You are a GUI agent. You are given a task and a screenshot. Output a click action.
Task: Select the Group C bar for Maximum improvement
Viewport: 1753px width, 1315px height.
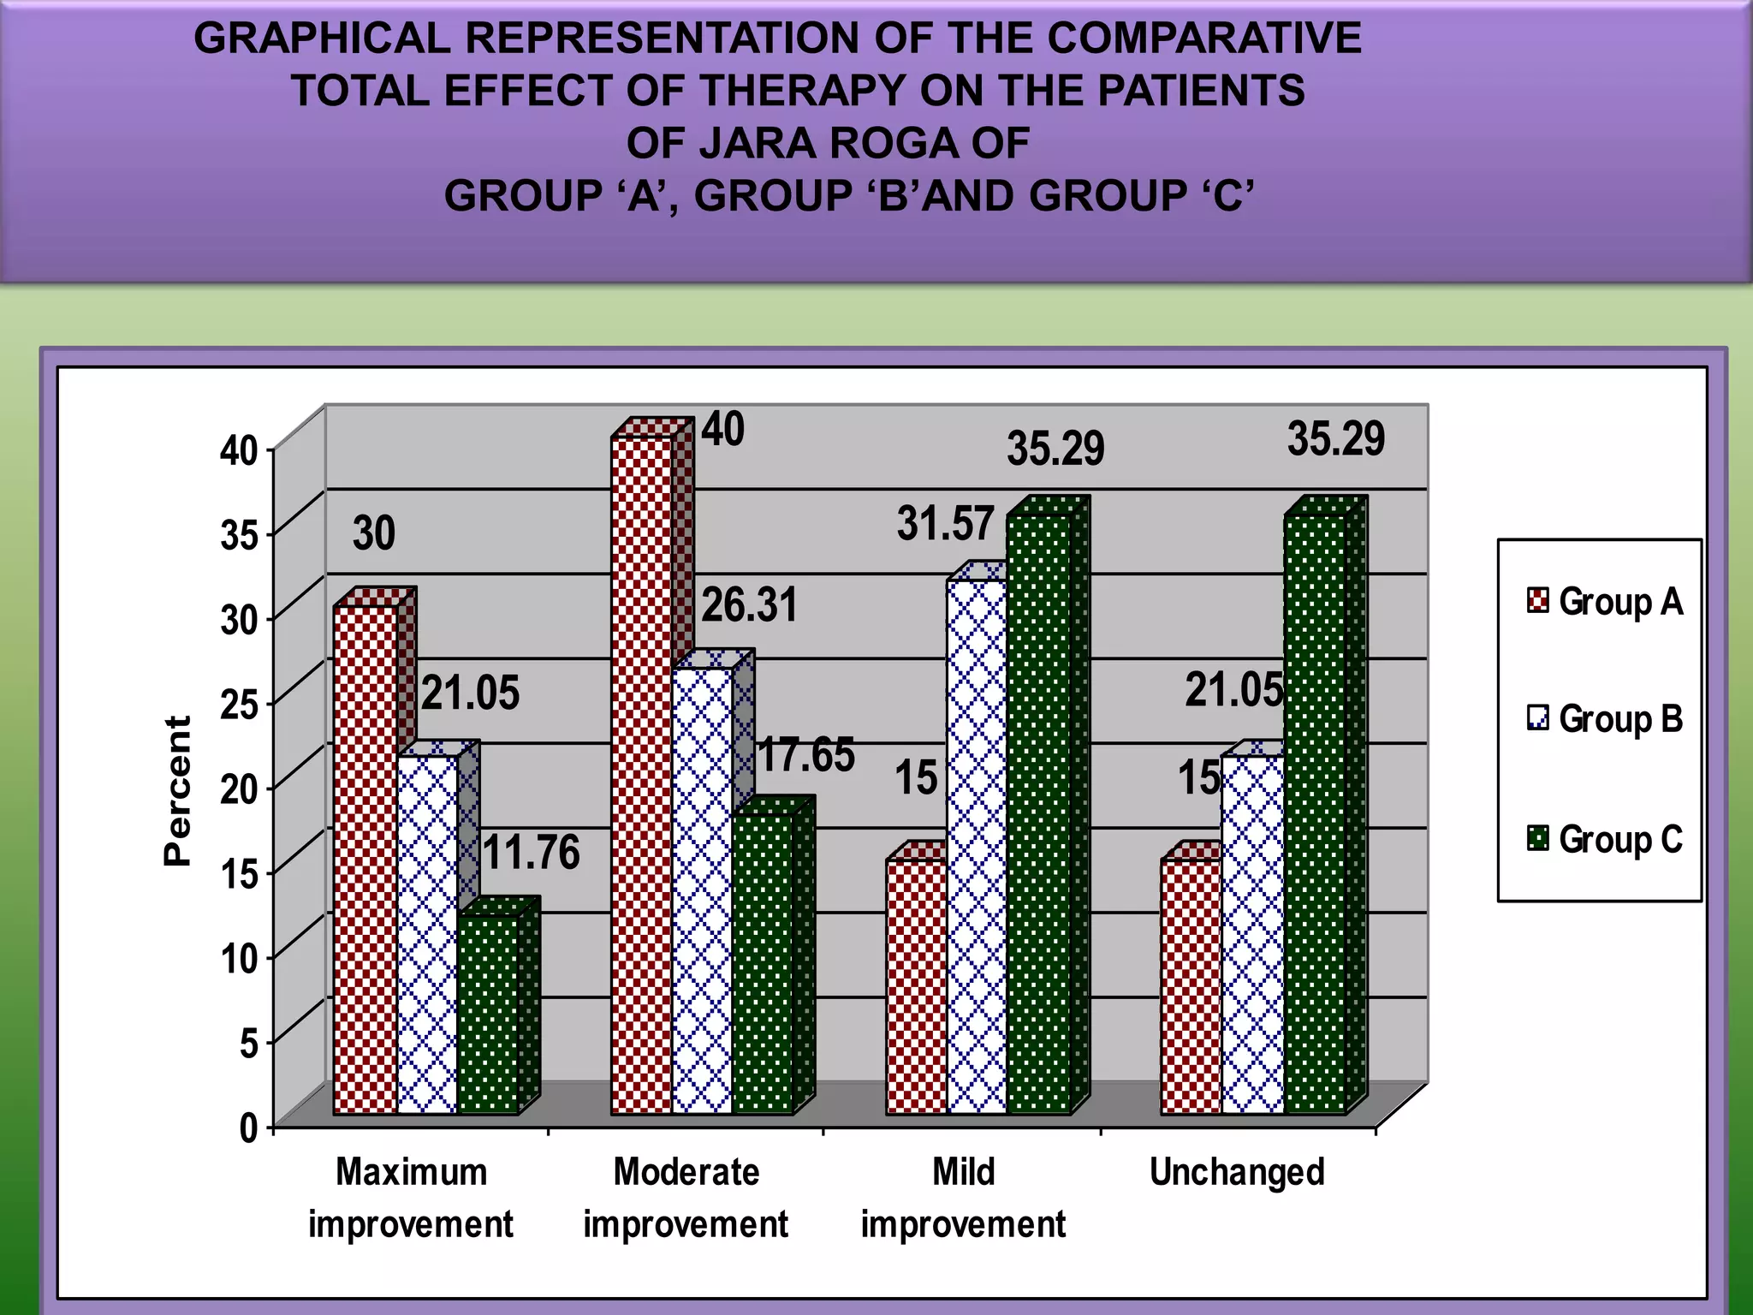pyautogui.click(x=488, y=1015)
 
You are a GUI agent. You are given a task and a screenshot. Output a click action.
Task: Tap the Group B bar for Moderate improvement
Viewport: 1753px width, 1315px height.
pyautogui.click(x=702, y=890)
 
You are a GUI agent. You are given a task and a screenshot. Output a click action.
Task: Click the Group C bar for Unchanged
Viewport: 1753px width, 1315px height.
pyautogui.click(x=1316, y=813)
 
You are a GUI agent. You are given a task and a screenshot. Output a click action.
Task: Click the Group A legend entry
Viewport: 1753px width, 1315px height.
pyautogui.click(x=1605, y=601)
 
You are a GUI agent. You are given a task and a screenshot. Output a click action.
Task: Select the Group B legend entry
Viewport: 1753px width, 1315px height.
pyautogui.click(x=1605, y=718)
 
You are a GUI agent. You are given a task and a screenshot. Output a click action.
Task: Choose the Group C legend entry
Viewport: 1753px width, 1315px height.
pyautogui.click(x=1605, y=839)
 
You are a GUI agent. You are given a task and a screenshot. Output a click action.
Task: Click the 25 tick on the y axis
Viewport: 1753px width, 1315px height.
pyautogui.click(x=239, y=705)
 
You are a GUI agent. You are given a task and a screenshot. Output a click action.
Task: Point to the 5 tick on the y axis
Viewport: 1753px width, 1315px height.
pyautogui.click(x=248, y=1044)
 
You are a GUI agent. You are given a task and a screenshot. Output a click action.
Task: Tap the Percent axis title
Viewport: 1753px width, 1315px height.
pyautogui.click(x=177, y=791)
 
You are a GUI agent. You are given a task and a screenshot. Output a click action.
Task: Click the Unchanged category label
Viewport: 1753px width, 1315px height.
pyautogui.click(x=1237, y=1172)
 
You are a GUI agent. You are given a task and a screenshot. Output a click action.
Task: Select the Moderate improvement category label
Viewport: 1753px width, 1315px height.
pyautogui.click(x=686, y=1198)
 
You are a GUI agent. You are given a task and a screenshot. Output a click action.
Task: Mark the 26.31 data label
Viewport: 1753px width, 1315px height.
pyautogui.click(x=749, y=605)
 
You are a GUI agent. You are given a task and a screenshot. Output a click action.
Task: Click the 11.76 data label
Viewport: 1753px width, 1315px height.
pyautogui.click(x=531, y=853)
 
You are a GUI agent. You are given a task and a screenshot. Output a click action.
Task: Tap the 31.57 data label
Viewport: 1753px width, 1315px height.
pyautogui.click(x=946, y=523)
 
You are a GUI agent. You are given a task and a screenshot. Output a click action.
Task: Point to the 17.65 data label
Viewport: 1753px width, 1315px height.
pyautogui.click(x=806, y=755)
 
